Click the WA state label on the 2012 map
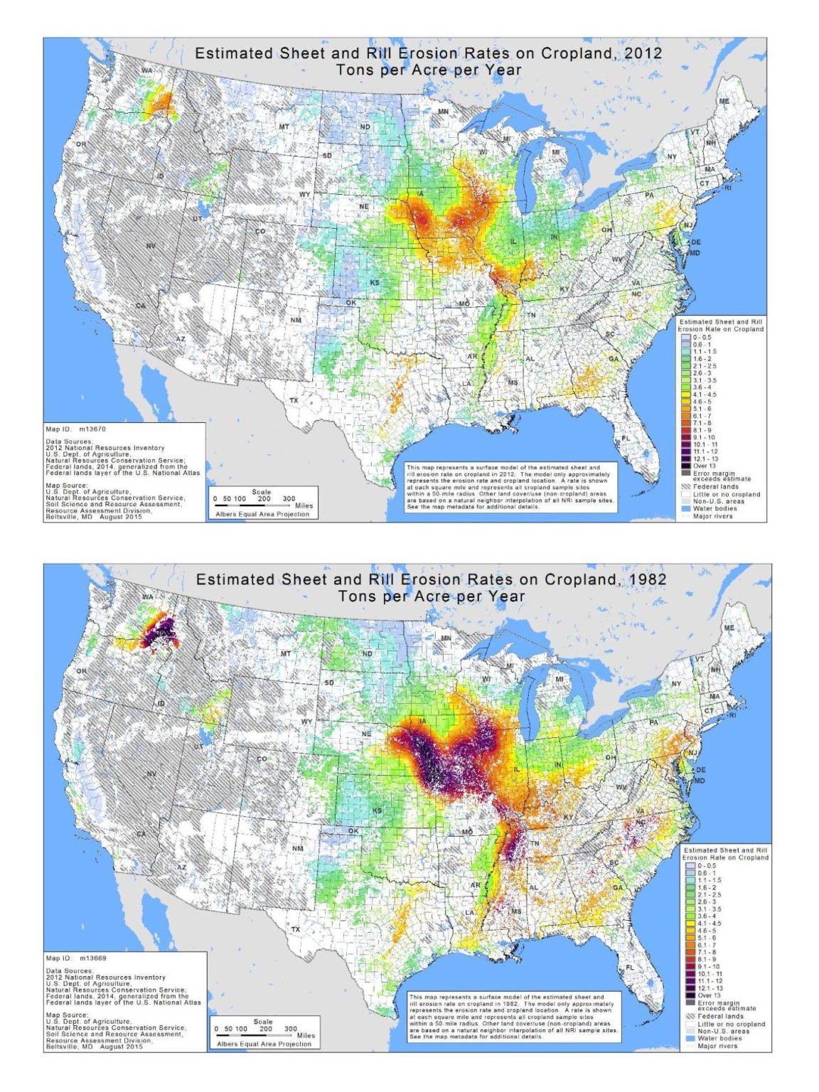coord(146,71)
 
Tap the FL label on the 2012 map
coord(626,437)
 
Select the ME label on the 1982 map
coord(729,628)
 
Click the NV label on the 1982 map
coord(151,773)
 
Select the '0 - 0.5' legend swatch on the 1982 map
coord(690,865)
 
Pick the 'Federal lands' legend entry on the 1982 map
coord(719,1017)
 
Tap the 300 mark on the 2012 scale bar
coord(289,498)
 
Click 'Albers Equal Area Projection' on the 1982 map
coord(264,1044)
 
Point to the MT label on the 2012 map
coord(284,127)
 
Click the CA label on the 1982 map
coord(141,833)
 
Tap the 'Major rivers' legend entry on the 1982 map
coord(717,1046)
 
